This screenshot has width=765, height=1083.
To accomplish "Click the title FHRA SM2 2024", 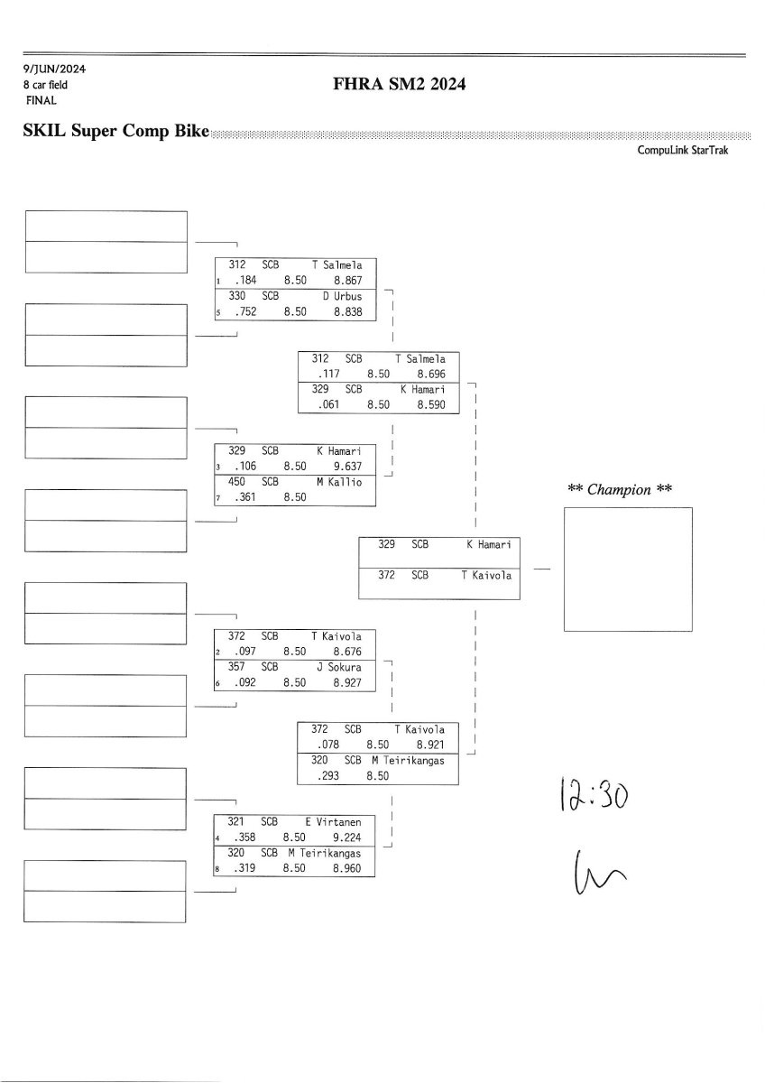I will (x=399, y=85).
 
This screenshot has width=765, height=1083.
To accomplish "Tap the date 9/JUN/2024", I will (x=55, y=69).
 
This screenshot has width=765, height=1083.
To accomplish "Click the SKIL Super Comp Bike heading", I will (x=115, y=133).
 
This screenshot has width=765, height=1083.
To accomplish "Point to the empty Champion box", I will (x=627, y=569).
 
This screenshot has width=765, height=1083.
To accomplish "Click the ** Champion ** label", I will (x=621, y=490).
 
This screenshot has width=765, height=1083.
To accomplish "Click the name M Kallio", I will (x=339, y=482).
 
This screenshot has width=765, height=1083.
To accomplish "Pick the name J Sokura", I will (x=339, y=667).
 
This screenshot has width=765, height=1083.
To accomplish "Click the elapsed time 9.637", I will (x=346, y=467).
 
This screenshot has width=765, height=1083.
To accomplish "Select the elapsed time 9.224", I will (x=346, y=838).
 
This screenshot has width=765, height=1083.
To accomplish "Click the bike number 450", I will (x=236, y=482).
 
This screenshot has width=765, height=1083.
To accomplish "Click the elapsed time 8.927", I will (x=346, y=683).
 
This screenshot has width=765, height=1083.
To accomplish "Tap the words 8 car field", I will (x=46, y=85).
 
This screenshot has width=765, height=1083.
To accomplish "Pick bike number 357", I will (x=236, y=667).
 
